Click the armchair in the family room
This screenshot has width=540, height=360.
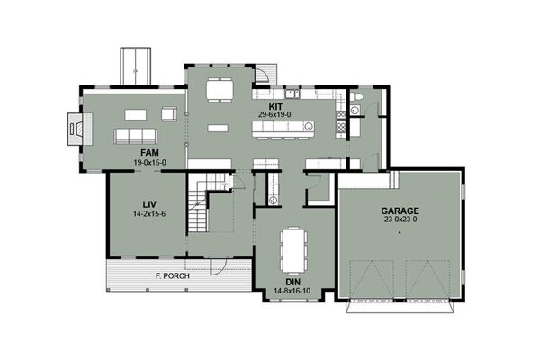pyautogui.click(x=169, y=113)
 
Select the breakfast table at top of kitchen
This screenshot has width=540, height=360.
pyautogui.click(x=218, y=91)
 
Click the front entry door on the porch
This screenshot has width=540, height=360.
pyautogui.click(x=219, y=265)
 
